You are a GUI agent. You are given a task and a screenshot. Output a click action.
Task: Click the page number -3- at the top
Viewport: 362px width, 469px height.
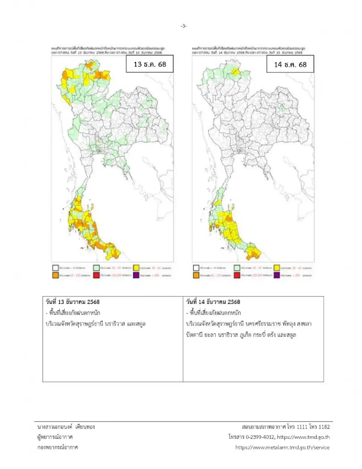coord(183,26)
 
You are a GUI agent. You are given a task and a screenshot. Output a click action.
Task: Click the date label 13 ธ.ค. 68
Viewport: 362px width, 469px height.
coord(150,64)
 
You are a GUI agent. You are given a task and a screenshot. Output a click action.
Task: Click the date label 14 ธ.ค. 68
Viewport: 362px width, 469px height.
coord(290,64)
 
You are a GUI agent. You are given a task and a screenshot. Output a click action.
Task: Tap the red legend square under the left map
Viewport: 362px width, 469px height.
coord(96,275)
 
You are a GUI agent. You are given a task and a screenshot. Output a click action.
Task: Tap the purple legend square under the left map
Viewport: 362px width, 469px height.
coord(136,275)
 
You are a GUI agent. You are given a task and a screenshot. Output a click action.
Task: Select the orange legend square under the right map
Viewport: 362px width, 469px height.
coord(196,275)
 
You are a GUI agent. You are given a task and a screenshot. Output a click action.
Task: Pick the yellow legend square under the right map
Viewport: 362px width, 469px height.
coord(277,268)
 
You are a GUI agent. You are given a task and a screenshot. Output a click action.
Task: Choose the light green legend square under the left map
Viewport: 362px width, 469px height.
coord(96,268)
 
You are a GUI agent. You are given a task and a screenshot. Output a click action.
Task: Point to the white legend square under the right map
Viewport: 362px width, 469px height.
coord(196,268)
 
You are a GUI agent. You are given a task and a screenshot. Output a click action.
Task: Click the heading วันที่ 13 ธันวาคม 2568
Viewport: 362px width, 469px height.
coord(72,302)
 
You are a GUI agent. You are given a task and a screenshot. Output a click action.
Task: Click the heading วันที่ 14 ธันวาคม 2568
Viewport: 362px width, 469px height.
coord(213,302)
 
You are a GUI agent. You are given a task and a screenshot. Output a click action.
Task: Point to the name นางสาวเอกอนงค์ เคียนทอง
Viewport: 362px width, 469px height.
coord(66,427)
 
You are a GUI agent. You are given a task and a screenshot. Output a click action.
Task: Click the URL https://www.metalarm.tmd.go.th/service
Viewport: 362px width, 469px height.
coord(282,447)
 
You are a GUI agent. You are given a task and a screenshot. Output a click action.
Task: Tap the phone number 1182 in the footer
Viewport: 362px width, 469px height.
coord(324,427)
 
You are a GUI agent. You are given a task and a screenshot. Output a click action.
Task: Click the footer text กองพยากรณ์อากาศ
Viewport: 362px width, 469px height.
coord(57,447)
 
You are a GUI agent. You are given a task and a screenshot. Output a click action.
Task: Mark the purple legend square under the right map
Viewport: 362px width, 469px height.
coord(277,275)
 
